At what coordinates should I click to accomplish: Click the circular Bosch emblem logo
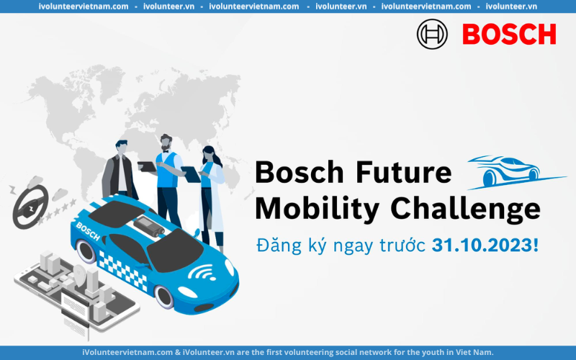[x=432, y=34]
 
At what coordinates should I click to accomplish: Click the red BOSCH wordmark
[x=509, y=34]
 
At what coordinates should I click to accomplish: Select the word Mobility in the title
[x=317, y=208]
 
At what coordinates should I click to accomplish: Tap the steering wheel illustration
[x=30, y=207]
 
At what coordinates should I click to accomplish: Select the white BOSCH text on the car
[x=88, y=231]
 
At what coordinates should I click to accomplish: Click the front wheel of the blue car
[x=164, y=297]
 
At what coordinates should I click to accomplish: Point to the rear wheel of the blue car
[x=86, y=251]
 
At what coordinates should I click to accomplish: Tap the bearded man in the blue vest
[x=168, y=180]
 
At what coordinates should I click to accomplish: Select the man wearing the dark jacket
[x=119, y=170]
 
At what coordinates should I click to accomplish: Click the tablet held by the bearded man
[x=147, y=166]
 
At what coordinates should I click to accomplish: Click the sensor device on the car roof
[x=149, y=226]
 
